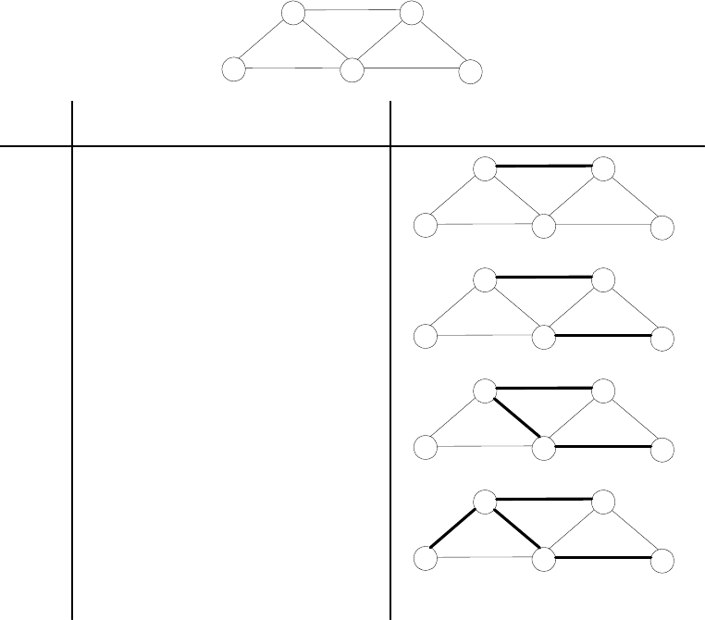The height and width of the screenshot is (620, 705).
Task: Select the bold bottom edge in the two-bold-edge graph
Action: tap(603, 335)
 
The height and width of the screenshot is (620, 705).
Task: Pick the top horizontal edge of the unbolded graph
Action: tap(352, 11)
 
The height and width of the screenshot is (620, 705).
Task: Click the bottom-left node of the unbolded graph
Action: tap(234, 70)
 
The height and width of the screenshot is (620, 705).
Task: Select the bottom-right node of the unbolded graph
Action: tap(471, 71)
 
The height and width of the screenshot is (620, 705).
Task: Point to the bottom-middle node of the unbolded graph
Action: tap(352, 70)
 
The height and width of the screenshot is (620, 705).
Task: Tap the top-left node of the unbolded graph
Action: tap(293, 13)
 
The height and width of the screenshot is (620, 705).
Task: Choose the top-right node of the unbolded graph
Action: tap(412, 13)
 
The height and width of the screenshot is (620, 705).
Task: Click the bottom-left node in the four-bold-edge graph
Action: tap(425, 560)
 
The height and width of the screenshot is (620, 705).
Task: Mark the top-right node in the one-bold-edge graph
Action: tap(603, 168)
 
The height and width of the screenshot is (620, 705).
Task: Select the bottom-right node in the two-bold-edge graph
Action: tap(662, 338)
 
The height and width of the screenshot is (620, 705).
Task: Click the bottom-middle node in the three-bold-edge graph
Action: tap(544, 449)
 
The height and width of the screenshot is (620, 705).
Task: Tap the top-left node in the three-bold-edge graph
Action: tap(485, 390)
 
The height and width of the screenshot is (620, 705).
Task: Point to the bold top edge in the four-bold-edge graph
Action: tap(544, 500)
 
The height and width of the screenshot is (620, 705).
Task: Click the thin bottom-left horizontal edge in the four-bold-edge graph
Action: tap(484, 559)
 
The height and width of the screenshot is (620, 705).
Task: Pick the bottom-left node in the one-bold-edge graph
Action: tap(425, 226)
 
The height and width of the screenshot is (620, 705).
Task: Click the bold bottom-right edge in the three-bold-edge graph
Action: tap(603, 447)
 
